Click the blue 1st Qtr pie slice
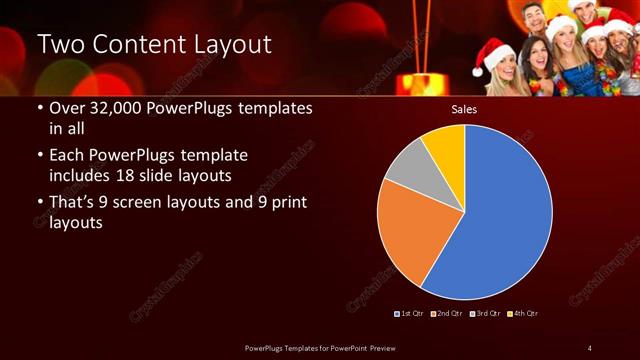click(500, 215)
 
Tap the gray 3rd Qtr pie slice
click(410, 167)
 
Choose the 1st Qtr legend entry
click(411, 314)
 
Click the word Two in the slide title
click(61, 45)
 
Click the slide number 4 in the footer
click(589, 347)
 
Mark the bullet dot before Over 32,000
click(39, 109)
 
